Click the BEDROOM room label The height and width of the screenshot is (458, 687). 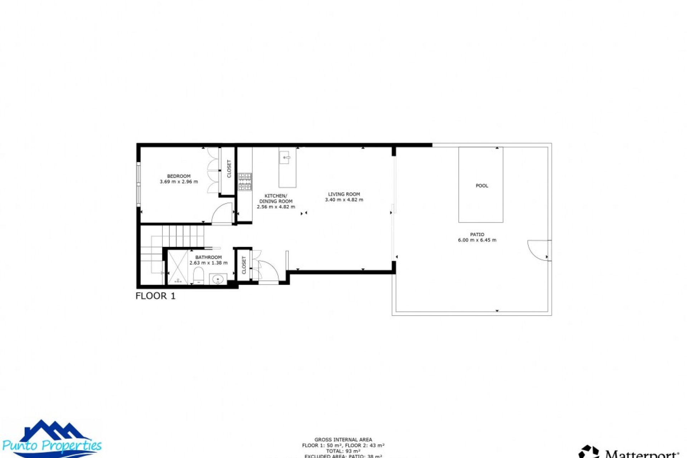tap(179, 176)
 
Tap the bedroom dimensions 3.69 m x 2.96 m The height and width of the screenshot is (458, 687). tap(179, 182)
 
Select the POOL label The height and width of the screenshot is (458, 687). tap(482, 186)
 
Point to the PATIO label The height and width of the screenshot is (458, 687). tap(477, 234)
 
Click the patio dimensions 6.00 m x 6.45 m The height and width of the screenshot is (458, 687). tap(477, 240)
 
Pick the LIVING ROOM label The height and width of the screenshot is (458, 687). tap(344, 194)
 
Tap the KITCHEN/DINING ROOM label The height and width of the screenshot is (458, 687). tap(276, 199)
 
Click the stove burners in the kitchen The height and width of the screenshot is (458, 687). tap(245, 182)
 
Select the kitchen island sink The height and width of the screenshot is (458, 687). tap(285, 157)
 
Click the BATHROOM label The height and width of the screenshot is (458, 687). tap(208, 257)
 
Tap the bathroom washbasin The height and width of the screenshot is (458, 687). tap(218, 279)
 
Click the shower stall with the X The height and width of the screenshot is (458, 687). tap(177, 267)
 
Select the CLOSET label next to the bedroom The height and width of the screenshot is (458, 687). tap(229, 169)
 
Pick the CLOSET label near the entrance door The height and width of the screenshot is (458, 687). tap(244, 265)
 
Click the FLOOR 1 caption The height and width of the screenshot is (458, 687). tap(155, 296)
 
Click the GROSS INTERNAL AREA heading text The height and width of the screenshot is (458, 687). tap(343, 440)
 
